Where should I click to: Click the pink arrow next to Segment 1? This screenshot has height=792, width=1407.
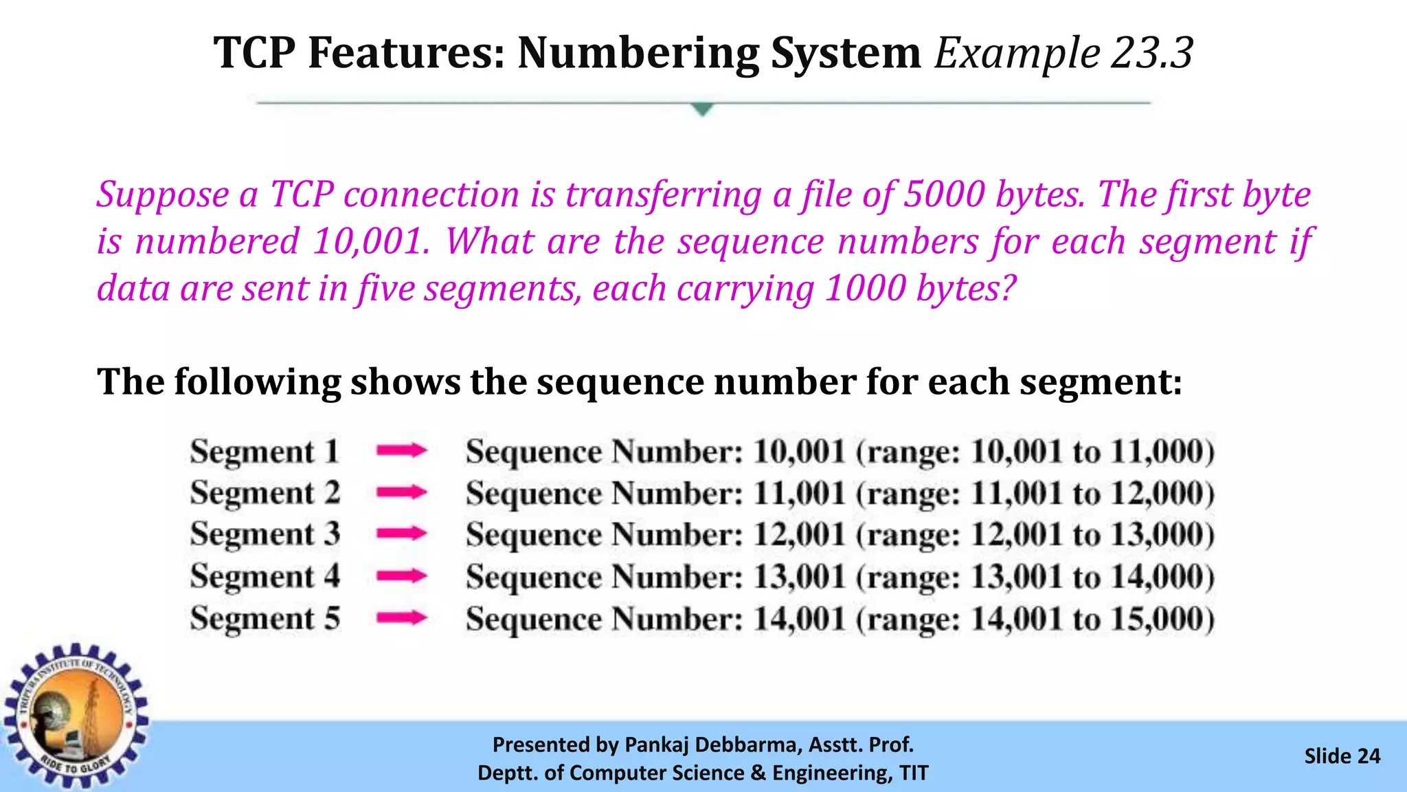(402, 451)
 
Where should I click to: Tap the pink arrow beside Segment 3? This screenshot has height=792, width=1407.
(402, 533)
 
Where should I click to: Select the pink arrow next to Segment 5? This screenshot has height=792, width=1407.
(402, 618)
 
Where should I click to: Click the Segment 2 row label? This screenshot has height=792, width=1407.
(265, 493)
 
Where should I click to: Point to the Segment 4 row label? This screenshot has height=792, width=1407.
(265, 576)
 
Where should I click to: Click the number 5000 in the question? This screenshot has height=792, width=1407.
(945, 195)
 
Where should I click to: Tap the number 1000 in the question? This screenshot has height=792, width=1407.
(865, 288)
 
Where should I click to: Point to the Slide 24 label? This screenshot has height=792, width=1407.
(1342, 756)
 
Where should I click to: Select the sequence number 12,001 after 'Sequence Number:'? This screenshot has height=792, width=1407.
(799, 534)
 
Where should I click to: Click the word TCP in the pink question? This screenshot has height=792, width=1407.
(302, 195)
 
